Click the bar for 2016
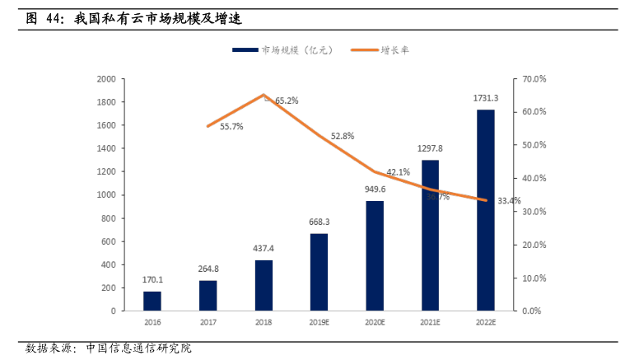[152, 301]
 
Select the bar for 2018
[264, 285]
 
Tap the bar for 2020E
[375, 255]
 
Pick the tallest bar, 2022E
[486, 210]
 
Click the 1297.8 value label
[430, 148]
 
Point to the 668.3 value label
[319, 222]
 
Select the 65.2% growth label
[287, 101]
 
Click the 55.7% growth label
[231, 126]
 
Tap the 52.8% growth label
[343, 136]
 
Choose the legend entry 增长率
[394, 50]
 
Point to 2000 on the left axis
[106, 79]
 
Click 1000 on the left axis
[106, 195]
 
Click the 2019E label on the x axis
[319, 323]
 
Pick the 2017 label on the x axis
[208, 323]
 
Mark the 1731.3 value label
[486, 98]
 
